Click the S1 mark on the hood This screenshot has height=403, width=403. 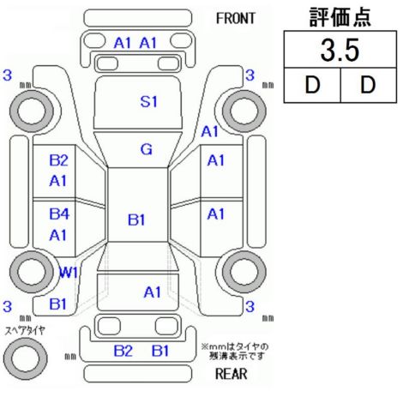coord(148,101)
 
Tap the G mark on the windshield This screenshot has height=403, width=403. coord(147,149)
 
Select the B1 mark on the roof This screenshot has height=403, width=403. coord(136,220)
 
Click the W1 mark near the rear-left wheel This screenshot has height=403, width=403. coord(68,273)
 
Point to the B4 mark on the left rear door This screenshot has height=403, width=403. coord(59,214)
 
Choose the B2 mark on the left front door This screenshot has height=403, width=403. coord(58,160)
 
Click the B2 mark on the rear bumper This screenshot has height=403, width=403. coord(123,351)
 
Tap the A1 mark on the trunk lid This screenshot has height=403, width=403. coord(153,292)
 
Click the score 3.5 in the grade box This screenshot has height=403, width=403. coord(340,50)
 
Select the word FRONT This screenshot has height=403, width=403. coord(235,19)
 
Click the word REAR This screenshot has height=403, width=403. coord(232,374)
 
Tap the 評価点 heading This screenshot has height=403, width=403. coord(340,17)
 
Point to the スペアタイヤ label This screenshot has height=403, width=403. coord(25,331)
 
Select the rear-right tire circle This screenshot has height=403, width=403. coord(227,272)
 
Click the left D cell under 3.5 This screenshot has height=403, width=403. coord(312,85)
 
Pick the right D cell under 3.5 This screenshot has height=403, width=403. coord(368,85)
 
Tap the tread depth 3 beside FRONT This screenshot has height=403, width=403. coord(250,75)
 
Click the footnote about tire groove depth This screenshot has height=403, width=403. coord(235,352)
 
